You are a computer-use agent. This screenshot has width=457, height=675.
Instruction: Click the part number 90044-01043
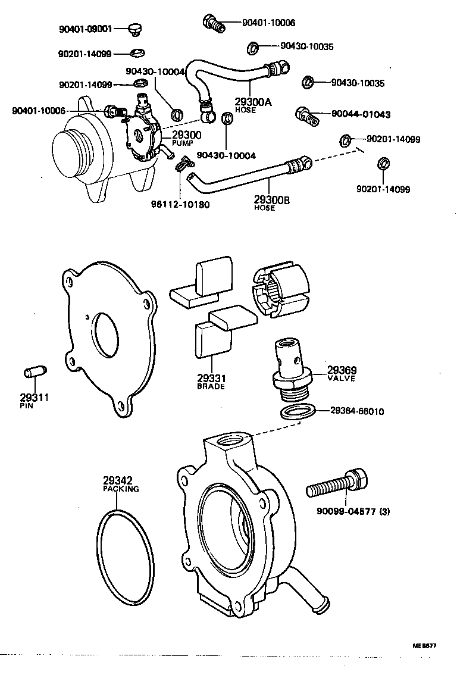point(361,114)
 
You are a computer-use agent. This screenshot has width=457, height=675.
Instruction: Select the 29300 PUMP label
point(186,138)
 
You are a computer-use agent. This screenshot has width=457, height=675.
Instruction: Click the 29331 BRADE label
point(211,382)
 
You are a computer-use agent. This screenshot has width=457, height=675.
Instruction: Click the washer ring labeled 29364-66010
point(296,412)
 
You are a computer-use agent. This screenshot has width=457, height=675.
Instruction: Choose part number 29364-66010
point(357,411)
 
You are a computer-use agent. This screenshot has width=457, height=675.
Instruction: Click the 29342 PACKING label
point(121,484)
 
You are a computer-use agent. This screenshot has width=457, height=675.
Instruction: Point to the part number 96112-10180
point(180,204)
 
